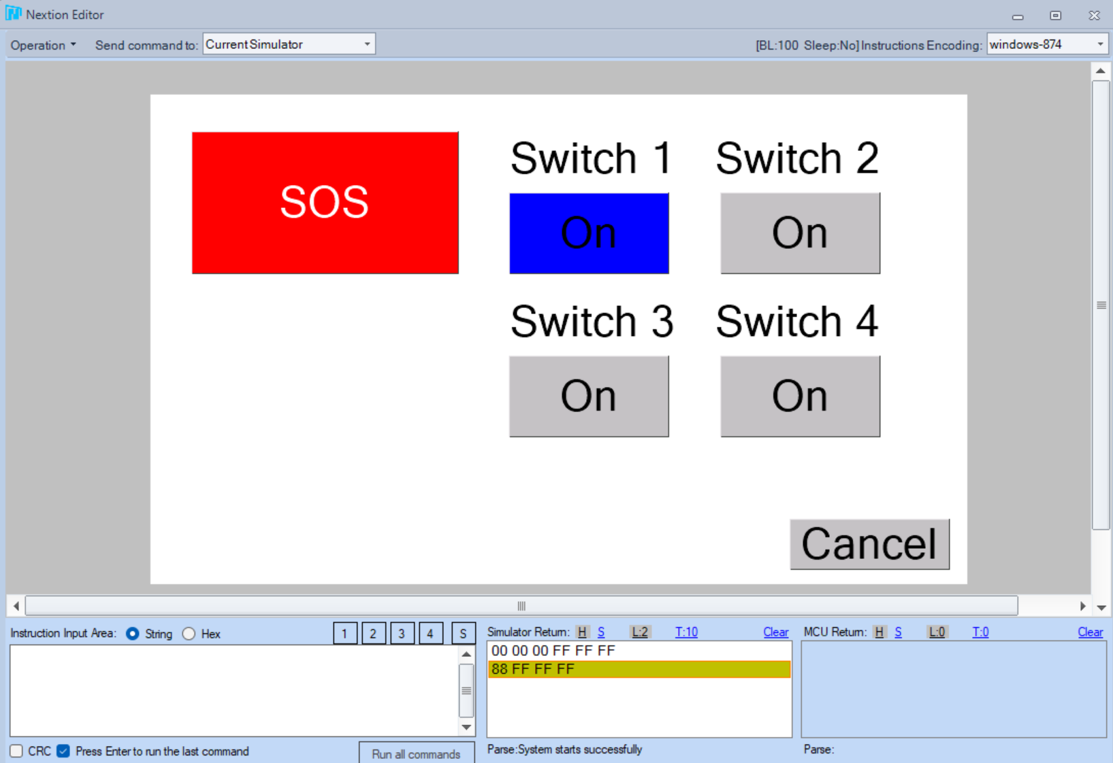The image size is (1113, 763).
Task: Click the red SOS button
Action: (325, 203)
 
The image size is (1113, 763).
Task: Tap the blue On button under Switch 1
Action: (589, 233)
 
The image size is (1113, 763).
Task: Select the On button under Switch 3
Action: (589, 396)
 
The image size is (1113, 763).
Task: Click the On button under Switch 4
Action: (800, 396)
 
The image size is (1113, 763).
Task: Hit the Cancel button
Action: (869, 544)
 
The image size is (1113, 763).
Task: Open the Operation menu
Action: (44, 45)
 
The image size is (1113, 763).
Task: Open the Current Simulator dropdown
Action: (289, 44)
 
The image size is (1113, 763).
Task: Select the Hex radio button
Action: (189, 633)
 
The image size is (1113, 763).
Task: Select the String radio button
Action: (133, 633)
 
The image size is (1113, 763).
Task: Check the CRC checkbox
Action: (16, 751)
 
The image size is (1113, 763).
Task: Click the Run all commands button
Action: (417, 753)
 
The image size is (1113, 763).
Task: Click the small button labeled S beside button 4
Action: (463, 633)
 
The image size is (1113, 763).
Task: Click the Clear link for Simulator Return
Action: (775, 632)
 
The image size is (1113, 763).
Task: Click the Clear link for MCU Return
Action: (1090, 632)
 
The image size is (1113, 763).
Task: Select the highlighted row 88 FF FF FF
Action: (639, 668)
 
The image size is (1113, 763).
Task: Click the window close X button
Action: (1094, 16)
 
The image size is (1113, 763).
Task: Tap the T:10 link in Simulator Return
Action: (686, 632)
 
